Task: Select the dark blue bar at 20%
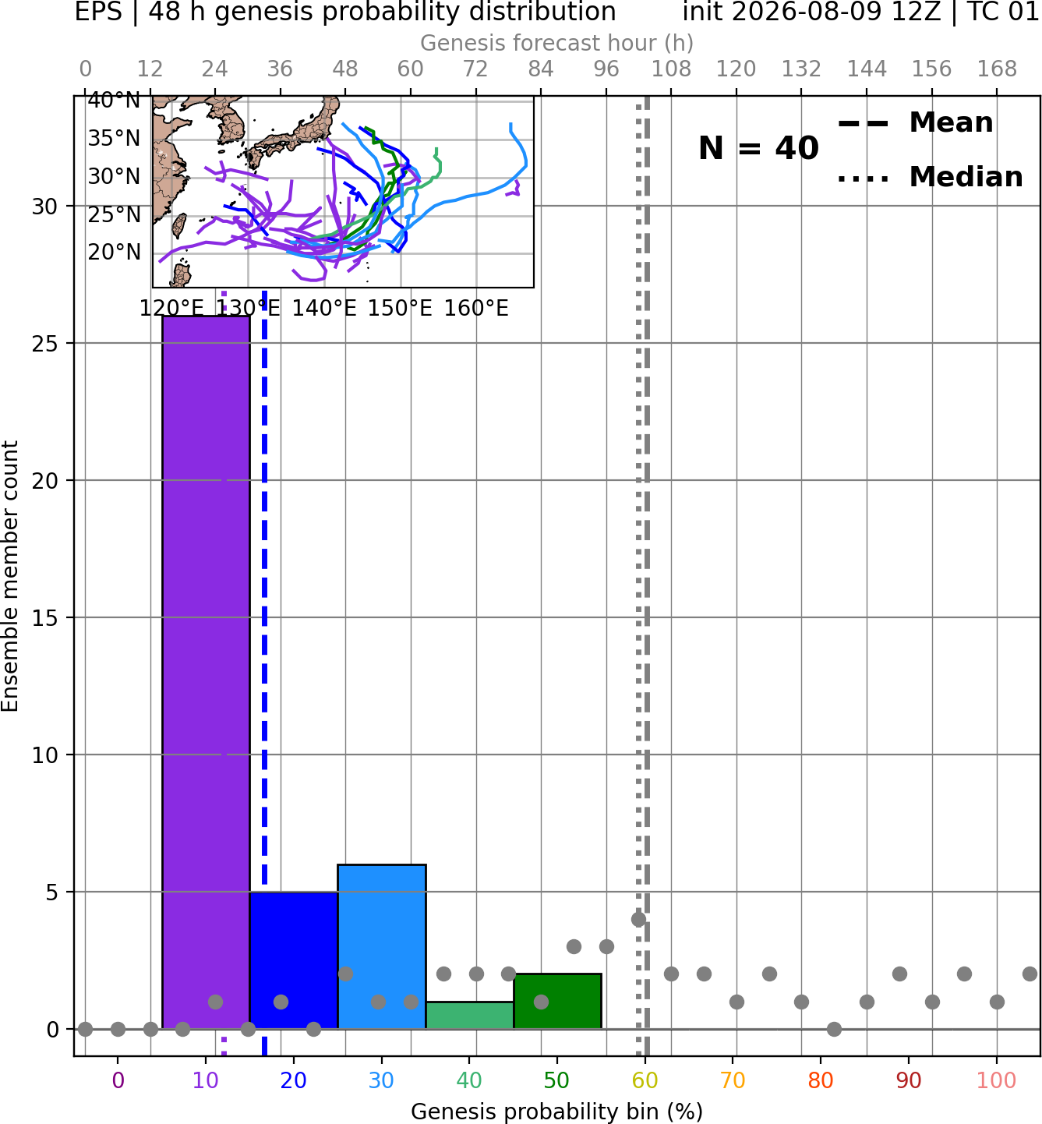point(294,960)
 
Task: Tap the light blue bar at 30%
point(381,946)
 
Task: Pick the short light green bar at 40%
point(470,1015)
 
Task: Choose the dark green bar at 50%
point(557,1001)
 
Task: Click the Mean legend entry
point(915,123)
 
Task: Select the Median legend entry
point(930,177)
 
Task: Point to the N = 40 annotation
point(758,148)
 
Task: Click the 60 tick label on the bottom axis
point(645,1080)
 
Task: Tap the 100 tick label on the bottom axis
point(997,1080)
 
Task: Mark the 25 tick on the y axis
point(45,344)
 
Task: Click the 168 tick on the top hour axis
point(997,69)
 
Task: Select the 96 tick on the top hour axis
point(606,69)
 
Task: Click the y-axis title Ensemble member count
point(9,576)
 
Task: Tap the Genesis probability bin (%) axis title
point(557,1112)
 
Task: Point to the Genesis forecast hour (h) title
point(557,43)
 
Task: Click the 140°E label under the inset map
point(324,309)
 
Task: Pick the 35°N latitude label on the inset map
point(114,138)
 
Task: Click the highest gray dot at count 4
point(639,919)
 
